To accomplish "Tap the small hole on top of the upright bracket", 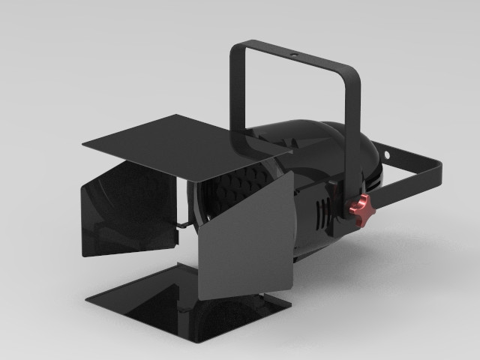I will pos(293,55).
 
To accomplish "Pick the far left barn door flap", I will pos(127,214).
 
